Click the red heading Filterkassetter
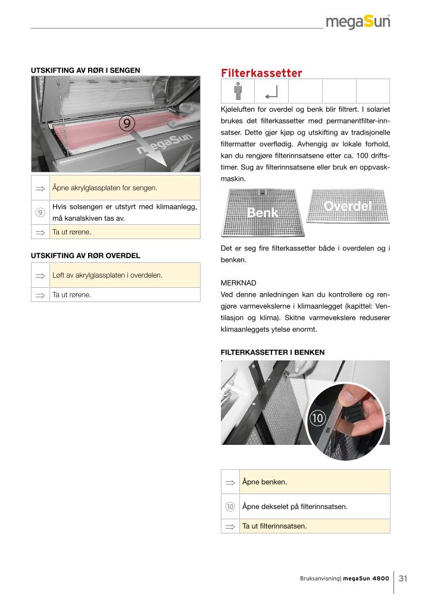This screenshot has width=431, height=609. (261, 73)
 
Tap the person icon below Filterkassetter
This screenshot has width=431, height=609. (238, 92)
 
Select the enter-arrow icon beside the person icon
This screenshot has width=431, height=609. (271, 92)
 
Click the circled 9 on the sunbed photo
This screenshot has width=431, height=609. (127, 123)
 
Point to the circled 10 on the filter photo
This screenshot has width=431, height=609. (316, 418)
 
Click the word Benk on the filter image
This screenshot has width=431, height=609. (263, 212)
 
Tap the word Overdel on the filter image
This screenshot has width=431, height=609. (348, 206)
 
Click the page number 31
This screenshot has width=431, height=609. (403, 579)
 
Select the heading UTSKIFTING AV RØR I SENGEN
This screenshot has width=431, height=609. (85, 70)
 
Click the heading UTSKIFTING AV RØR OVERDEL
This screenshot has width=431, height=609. (85, 256)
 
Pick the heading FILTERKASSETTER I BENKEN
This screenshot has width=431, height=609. (273, 352)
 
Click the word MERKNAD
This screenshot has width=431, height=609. (238, 283)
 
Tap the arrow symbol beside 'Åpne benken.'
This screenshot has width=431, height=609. (230, 482)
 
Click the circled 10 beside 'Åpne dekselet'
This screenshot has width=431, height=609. (230, 507)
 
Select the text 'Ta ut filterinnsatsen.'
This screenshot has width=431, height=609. (274, 526)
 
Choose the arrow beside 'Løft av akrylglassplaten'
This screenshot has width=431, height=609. (40, 276)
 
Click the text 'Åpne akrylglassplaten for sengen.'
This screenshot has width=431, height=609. (105, 188)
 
